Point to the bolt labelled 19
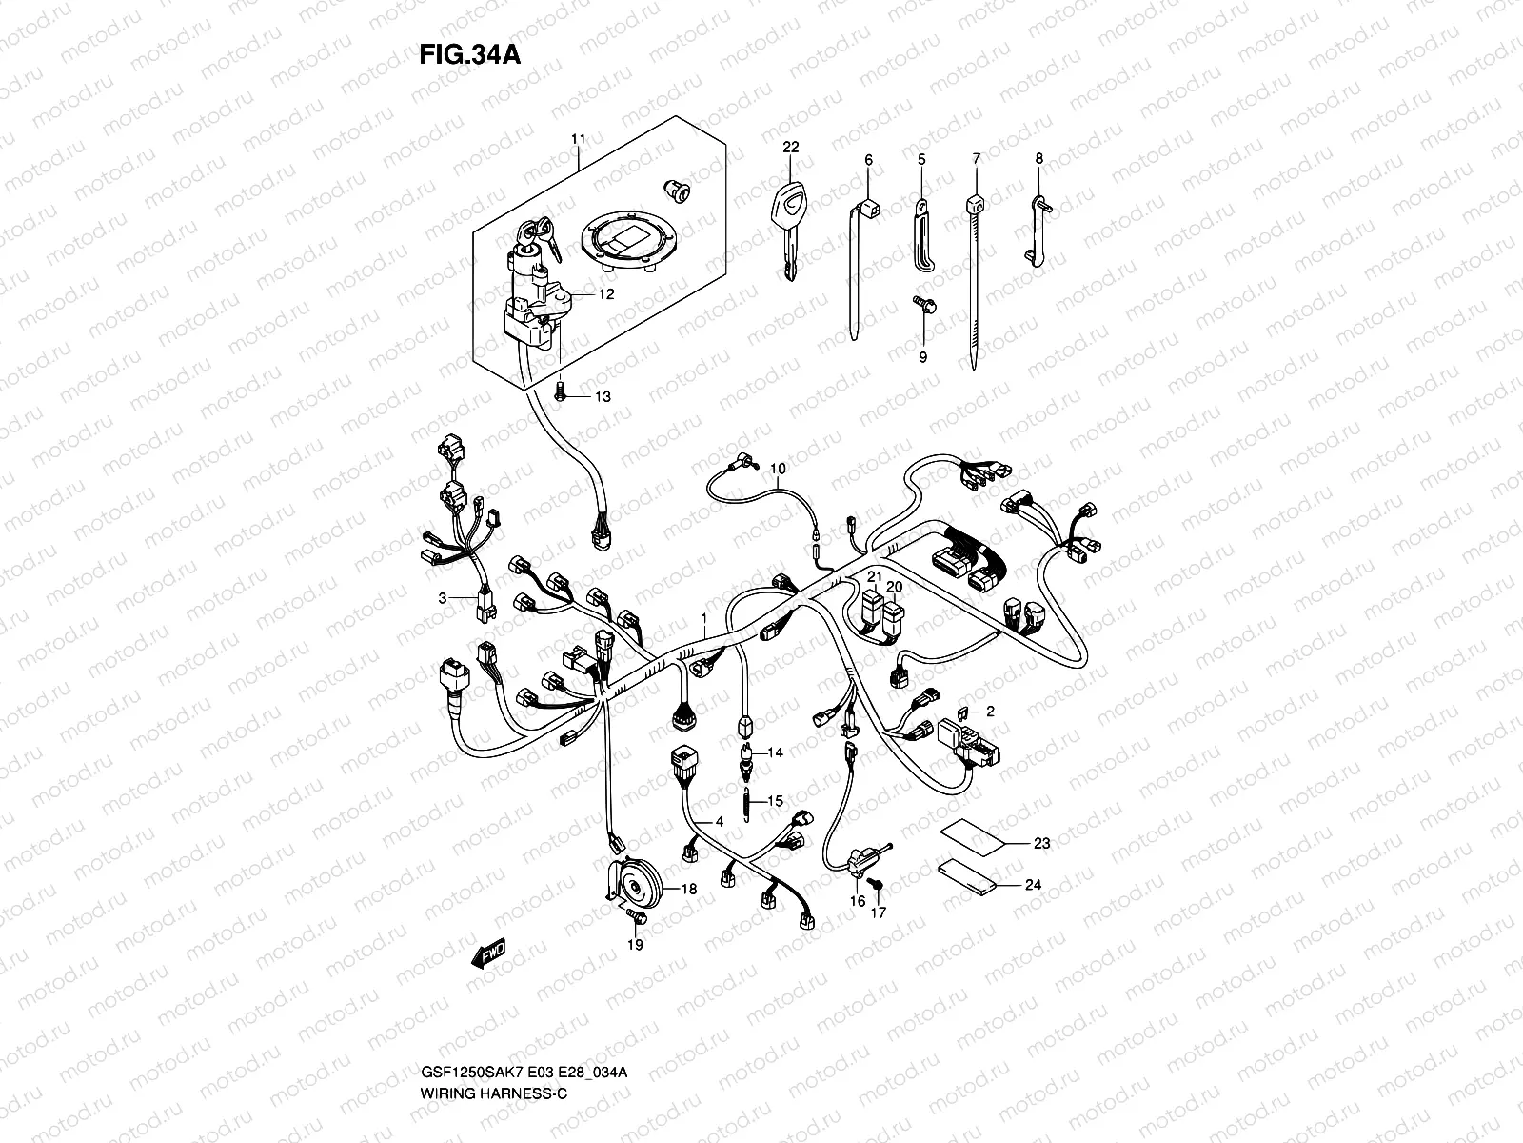pos(637,916)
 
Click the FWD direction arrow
pos(489,952)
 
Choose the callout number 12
pos(606,294)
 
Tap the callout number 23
pos(1042,843)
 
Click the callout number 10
pos(778,469)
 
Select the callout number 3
pos(442,598)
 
